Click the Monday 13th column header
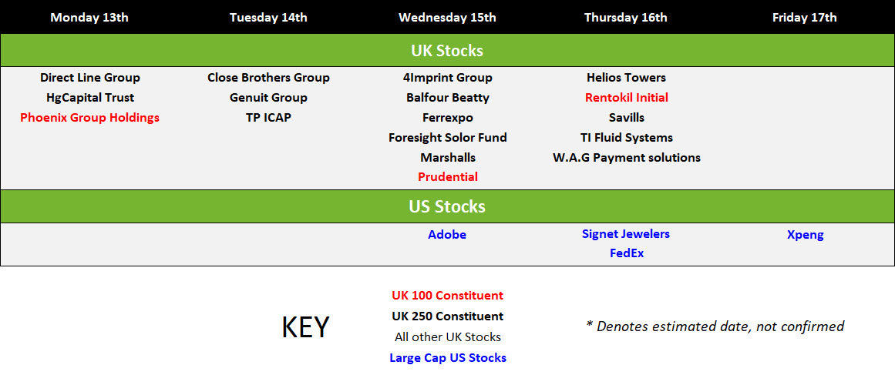[89, 17]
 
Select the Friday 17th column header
[804, 17]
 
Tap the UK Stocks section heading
[447, 51]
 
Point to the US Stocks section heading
[447, 206]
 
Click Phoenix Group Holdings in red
[89, 118]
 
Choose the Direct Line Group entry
[89, 78]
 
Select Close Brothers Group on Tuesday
[268, 78]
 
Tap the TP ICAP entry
[268, 118]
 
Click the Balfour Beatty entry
[447, 98]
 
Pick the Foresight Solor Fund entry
[447, 138]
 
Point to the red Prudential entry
[447, 177]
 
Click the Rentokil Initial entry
[626, 98]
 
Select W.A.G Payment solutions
[626, 157]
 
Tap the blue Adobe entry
[447, 234]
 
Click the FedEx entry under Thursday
[626, 253]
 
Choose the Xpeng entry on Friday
[805, 234]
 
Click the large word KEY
[305, 327]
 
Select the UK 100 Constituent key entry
[447, 296]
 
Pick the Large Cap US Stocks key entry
[447, 358]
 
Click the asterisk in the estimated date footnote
[590, 324]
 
